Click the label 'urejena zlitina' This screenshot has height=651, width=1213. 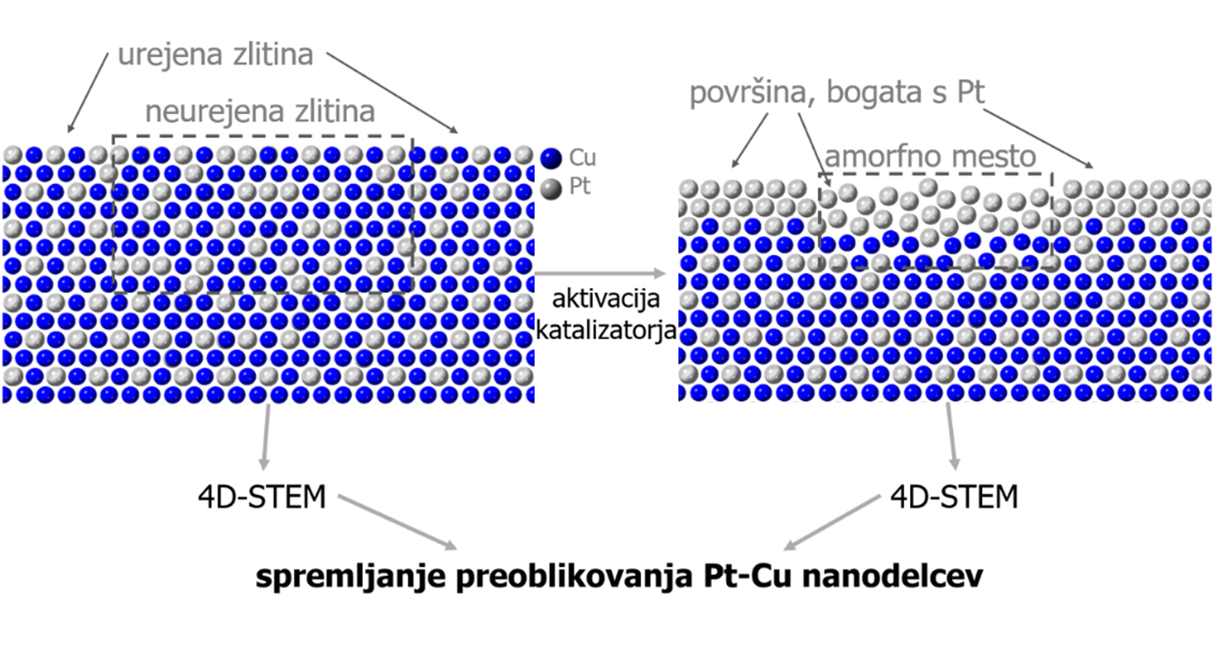pyautogui.click(x=215, y=55)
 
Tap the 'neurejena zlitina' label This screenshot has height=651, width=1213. pyautogui.click(x=260, y=112)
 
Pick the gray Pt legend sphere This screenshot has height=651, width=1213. pyautogui.click(x=552, y=189)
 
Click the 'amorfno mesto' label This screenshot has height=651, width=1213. pyautogui.click(x=931, y=157)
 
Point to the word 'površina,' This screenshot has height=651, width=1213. pyautogui.click(x=755, y=93)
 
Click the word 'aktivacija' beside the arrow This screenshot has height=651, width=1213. pyautogui.click(x=606, y=299)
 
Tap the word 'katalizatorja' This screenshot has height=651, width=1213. pyautogui.click(x=606, y=329)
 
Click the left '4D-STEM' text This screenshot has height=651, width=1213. pyautogui.click(x=262, y=497)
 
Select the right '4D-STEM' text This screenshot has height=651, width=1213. pyautogui.click(x=954, y=497)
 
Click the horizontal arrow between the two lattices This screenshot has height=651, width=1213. pyautogui.click(x=600, y=274)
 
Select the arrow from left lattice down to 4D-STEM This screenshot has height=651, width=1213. pyautogui.click(x=266, y=437)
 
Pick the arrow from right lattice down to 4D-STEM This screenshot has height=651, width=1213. pyautogui.click(x=952, y=437)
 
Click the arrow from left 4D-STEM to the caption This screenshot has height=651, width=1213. pyautogui.click(x=398, y=522)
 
